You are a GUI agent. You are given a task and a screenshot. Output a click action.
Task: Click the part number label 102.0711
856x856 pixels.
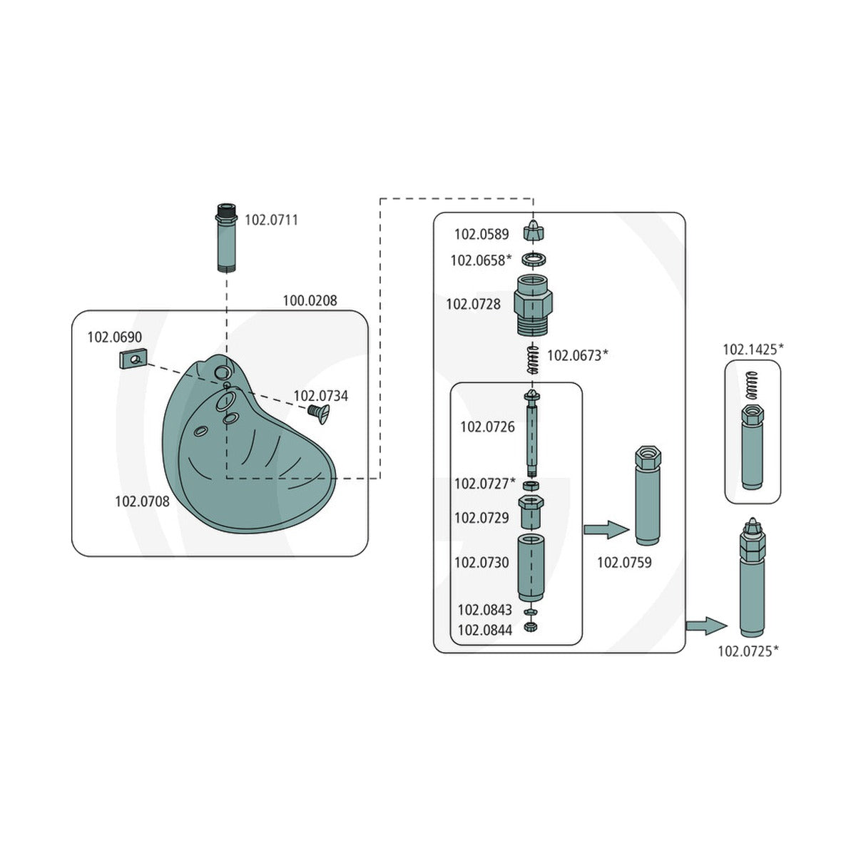(271, 220)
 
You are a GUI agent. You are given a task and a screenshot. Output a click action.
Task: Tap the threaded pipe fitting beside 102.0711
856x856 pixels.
(227, 238)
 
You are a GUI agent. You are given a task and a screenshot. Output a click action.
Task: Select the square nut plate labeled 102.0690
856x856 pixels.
(133, 359)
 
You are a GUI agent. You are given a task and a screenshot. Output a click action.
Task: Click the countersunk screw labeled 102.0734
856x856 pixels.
(319, 414)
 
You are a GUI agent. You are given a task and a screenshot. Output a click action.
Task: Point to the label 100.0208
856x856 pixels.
(310, 301)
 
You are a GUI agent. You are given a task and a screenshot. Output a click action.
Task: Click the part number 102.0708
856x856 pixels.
(142, 501)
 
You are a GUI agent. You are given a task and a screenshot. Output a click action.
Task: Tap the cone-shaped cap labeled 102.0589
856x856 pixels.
(534, 230)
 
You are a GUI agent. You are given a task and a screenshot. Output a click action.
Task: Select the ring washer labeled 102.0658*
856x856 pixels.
(534, 260)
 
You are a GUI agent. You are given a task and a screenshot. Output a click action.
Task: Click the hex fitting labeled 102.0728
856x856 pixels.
(533, 305)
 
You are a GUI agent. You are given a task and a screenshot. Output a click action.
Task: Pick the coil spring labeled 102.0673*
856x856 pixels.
(533, 359)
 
